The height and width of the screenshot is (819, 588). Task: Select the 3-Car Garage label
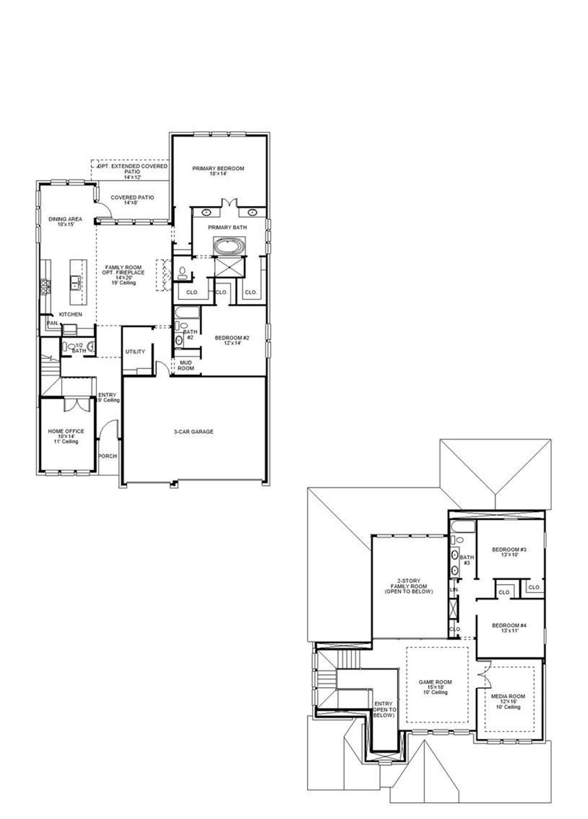click(193, 432)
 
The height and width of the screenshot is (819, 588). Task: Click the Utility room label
click(135, 352)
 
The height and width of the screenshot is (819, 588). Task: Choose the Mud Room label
click(186, 365)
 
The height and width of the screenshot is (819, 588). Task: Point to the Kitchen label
click(70, 314)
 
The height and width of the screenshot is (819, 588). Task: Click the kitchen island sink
click(75, 282)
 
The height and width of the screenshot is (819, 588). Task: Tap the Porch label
click(107, 456)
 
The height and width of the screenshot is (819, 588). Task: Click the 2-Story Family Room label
click(408, 586)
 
